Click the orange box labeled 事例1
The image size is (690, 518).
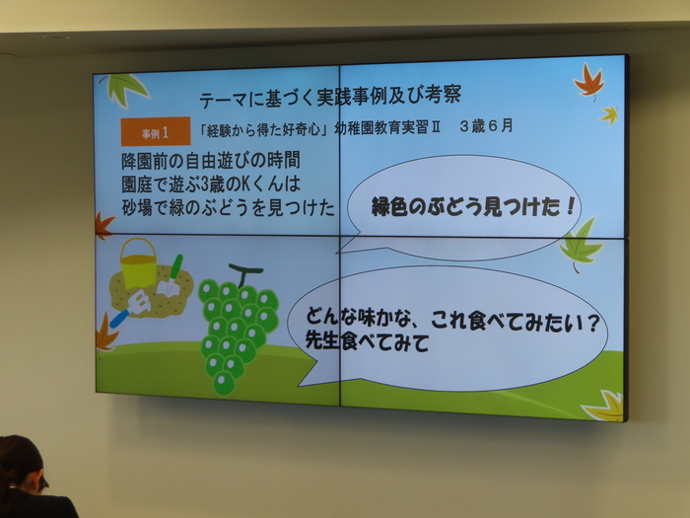tap(156, 131)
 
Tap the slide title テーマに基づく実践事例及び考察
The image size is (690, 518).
tap(330, 96)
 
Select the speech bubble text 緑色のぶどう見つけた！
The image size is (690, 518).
tap(473, 206)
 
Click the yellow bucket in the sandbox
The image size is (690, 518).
tap(139, 263)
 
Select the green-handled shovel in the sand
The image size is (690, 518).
tap(171, 275)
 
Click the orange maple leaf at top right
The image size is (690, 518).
tap(588, 81)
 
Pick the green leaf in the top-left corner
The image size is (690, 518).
tap(124, 89)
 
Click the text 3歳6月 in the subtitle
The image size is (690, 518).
tap(486, 127)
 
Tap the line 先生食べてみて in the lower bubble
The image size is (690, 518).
tap(367, 341)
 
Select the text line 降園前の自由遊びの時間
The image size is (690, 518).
tap(211, 161)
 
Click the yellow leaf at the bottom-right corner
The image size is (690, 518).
tap(605, 407)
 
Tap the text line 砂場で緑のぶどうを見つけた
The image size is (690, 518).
tap(229, 207)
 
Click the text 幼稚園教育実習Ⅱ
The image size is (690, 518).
tap(387, 127)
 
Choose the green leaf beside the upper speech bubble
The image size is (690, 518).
tap(581, 243)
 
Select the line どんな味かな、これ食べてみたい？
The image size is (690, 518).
tap(453, 321)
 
